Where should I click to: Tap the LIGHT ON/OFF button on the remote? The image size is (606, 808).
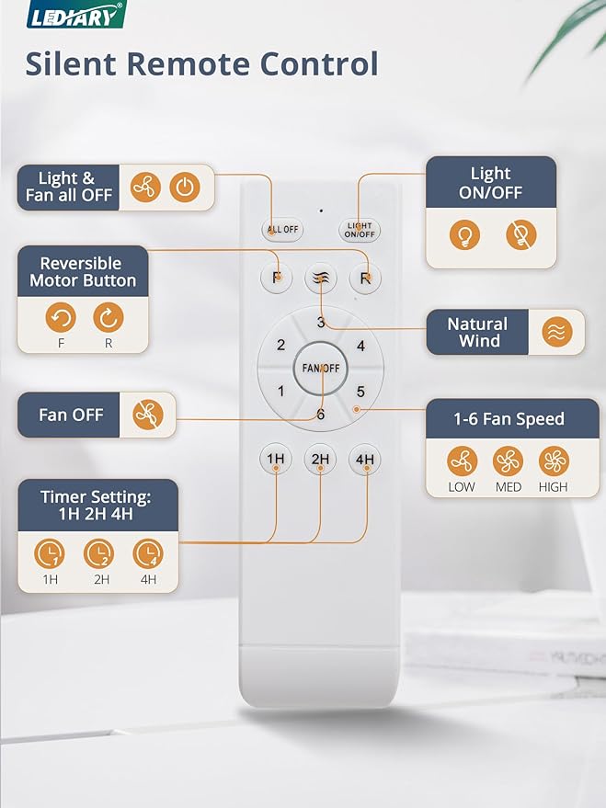click(360, 230)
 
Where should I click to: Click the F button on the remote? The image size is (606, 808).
click(276, 278)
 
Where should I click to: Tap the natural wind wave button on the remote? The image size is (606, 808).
click(320, 278)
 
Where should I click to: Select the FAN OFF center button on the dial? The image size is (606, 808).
click(320, 368)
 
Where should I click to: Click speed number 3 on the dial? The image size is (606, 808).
click(320, 323)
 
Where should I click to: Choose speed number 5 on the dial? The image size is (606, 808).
click(360, 392)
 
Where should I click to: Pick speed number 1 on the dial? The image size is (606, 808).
click(280, 392)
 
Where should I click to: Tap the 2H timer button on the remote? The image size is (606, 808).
click(320, 459)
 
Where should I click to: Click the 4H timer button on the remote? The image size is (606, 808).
click(365, 459)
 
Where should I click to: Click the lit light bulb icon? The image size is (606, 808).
click(464, 235)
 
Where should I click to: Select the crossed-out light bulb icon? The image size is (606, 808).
click(520, 235)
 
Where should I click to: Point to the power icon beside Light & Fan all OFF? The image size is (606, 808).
click(186, 187)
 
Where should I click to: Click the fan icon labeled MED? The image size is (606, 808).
click(508, 461)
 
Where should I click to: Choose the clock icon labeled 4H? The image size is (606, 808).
click(148, 554)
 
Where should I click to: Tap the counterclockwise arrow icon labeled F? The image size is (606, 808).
click(61, 319)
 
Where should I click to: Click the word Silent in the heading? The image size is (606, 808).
click(71, 64)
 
